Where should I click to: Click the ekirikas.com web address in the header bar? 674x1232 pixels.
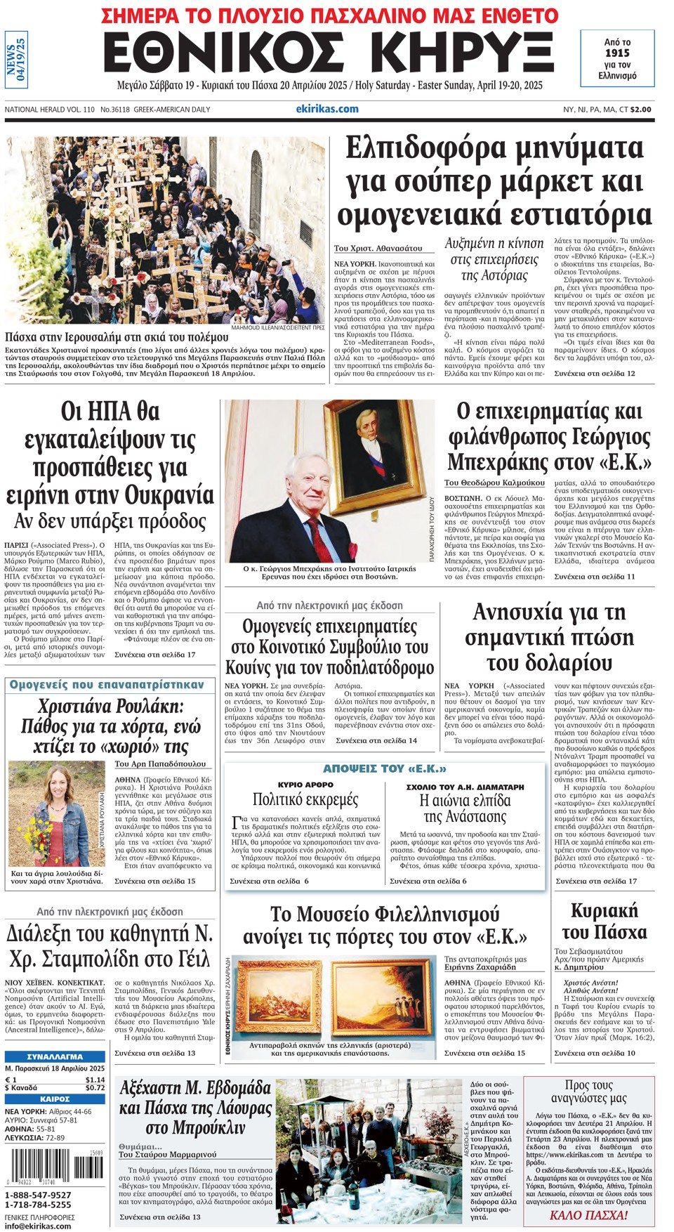[327, 109]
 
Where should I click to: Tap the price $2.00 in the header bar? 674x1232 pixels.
[640, 110]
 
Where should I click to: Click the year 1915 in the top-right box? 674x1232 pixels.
[617, 53]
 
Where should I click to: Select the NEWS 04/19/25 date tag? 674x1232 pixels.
[15, 59]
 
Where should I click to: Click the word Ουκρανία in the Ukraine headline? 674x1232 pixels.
[169, 495]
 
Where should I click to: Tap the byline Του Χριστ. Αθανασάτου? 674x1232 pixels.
[378, 248]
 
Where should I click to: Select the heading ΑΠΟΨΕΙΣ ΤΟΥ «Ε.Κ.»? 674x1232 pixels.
[385, 769]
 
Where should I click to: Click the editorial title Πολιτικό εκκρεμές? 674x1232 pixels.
[305, 799]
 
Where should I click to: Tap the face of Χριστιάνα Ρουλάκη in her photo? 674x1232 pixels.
[55, 784]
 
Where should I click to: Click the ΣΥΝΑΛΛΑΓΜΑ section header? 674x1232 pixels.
[55, 1056]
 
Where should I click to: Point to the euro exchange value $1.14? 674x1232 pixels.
[95, 1080]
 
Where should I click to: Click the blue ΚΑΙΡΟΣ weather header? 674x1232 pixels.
[55, 1099]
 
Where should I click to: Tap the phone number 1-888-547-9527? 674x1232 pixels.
[38, 1195]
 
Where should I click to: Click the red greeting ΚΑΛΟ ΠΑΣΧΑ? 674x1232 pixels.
[588, 1215]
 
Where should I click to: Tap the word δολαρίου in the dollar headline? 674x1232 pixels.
[549, 662]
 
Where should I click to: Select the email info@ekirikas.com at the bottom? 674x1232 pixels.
[38, 1226]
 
